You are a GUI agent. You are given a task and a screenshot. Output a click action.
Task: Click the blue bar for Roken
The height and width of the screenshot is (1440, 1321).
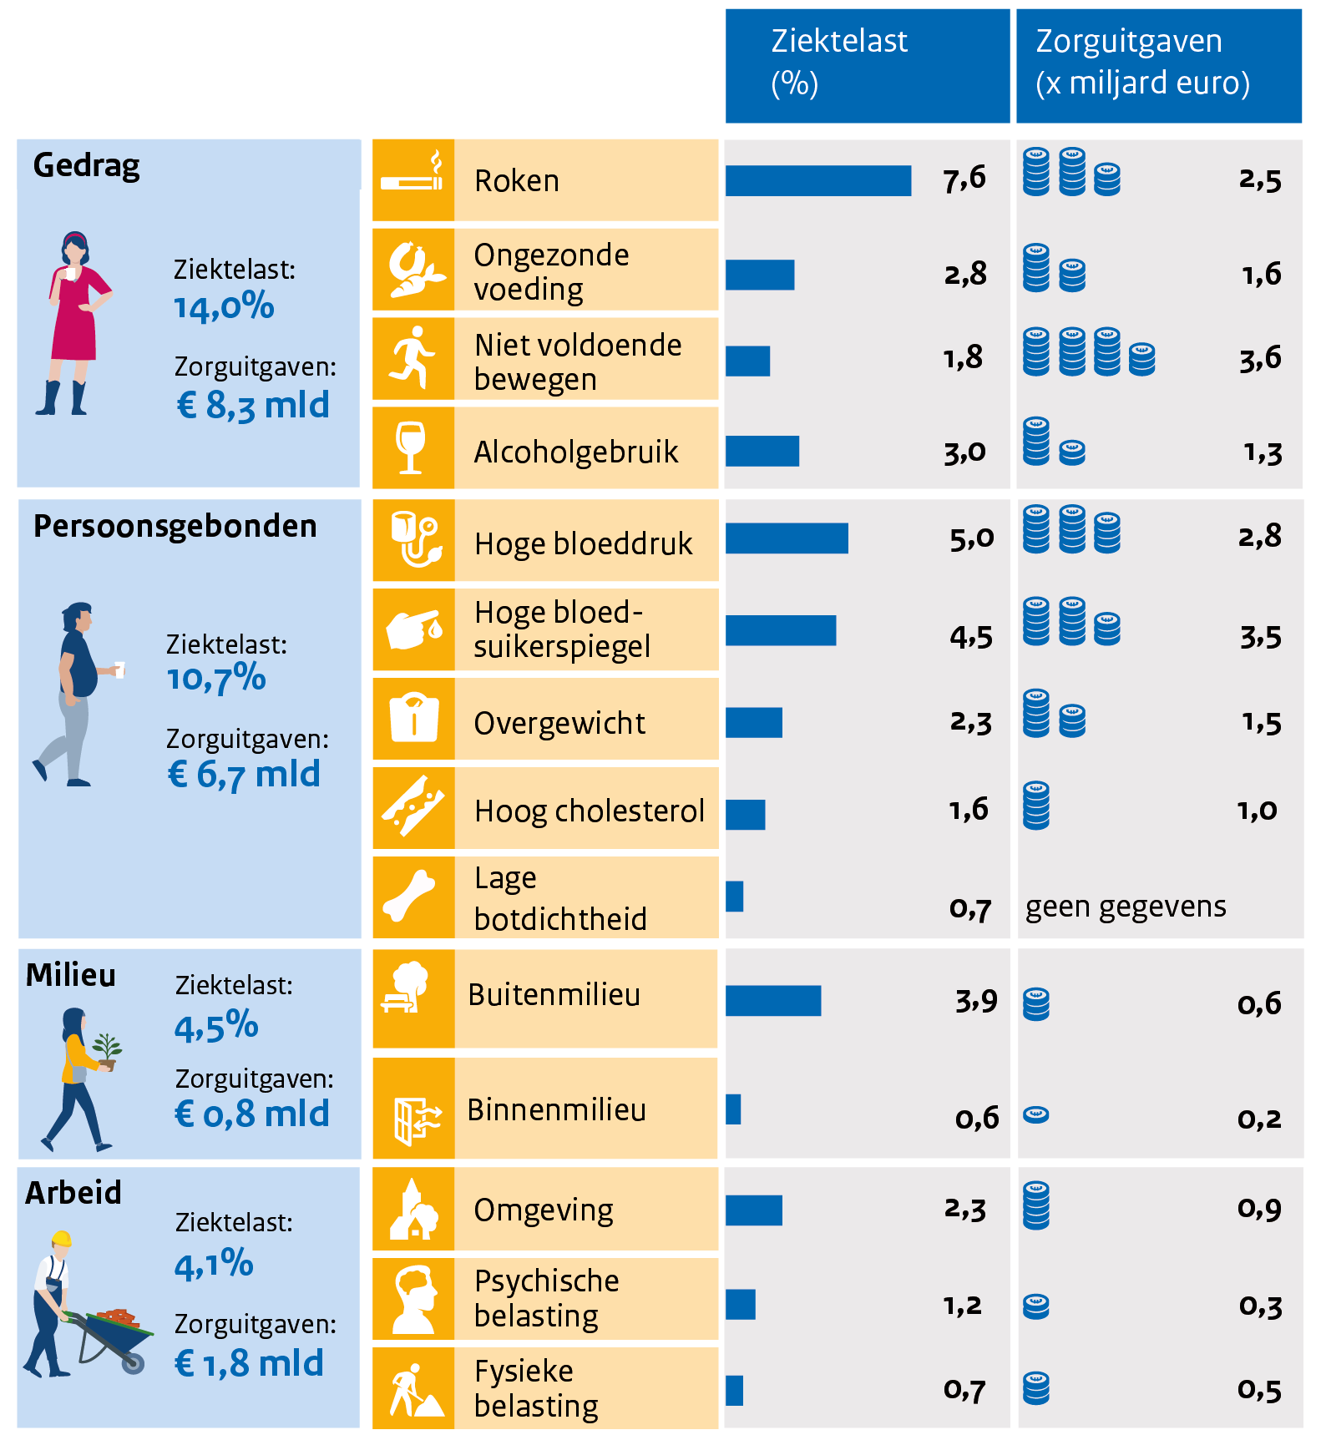(817, 181)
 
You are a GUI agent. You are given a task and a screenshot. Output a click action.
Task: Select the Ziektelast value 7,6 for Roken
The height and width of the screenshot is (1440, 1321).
(964, 179)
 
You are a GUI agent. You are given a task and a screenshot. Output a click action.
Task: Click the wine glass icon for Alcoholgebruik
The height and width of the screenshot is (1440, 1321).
(411, 447)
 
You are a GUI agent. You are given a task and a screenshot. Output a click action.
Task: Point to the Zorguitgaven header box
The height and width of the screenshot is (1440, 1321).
(1158, 65)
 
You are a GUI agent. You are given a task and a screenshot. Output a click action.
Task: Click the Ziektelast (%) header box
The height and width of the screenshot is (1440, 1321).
(867, 65)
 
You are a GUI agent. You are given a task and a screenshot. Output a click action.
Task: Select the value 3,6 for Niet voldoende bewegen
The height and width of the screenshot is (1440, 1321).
(1259, 359)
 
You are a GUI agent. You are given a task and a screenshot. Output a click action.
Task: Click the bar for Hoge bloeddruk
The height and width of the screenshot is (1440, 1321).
(787, 538)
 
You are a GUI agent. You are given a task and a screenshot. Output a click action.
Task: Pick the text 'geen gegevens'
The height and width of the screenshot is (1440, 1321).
(1125, 907)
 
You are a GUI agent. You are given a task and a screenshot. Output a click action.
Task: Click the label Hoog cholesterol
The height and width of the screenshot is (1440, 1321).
(589, 811)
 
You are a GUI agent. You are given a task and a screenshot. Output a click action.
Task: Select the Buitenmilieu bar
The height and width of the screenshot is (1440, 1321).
(773, 1000)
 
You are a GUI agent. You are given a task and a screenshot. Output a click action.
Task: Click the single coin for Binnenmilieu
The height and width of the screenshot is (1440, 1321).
(1035, 1114)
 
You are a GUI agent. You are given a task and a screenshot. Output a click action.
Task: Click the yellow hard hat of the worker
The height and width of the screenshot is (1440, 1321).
(61, 1238)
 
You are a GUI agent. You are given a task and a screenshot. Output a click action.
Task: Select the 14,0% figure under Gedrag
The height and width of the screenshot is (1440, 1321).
(224, 307)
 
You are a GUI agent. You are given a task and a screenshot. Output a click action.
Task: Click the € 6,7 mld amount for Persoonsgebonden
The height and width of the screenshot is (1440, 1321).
(244, 775)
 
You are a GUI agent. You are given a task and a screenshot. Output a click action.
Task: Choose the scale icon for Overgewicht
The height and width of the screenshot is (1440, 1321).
(413, 718)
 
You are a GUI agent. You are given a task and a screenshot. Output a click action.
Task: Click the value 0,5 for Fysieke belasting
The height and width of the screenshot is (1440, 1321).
(1259, 1390)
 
